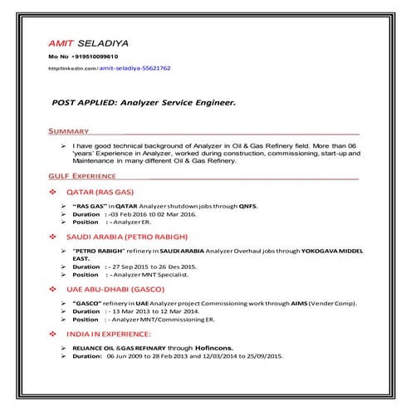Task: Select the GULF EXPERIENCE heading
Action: (81, 177)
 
